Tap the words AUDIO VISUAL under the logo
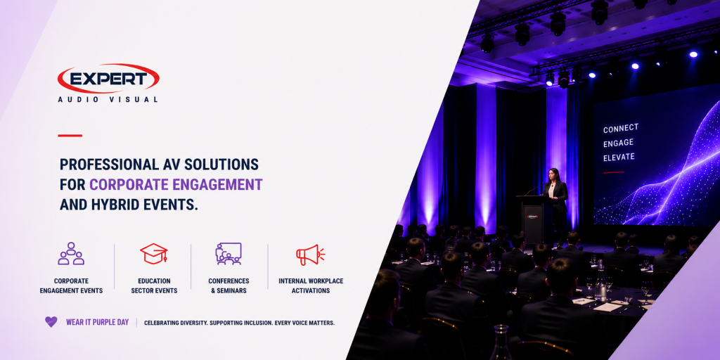[108, 99]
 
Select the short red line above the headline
[70, 136]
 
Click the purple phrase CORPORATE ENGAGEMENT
[176, 185]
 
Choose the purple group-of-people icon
[71, 253]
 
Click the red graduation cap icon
[154, 254]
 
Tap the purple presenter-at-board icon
[229, 253]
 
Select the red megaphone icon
[310, 255]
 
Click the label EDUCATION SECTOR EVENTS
[154, 285]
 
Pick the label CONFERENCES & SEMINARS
[229, 285]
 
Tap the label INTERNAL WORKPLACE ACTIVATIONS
[311, 285]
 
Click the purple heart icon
[51, 322]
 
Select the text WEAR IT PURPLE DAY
[97, 322]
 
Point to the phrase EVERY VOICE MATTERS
[304, 323]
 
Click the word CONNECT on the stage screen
[621, 129]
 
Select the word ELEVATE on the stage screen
[619, 157]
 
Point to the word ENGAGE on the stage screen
[618, 143]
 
